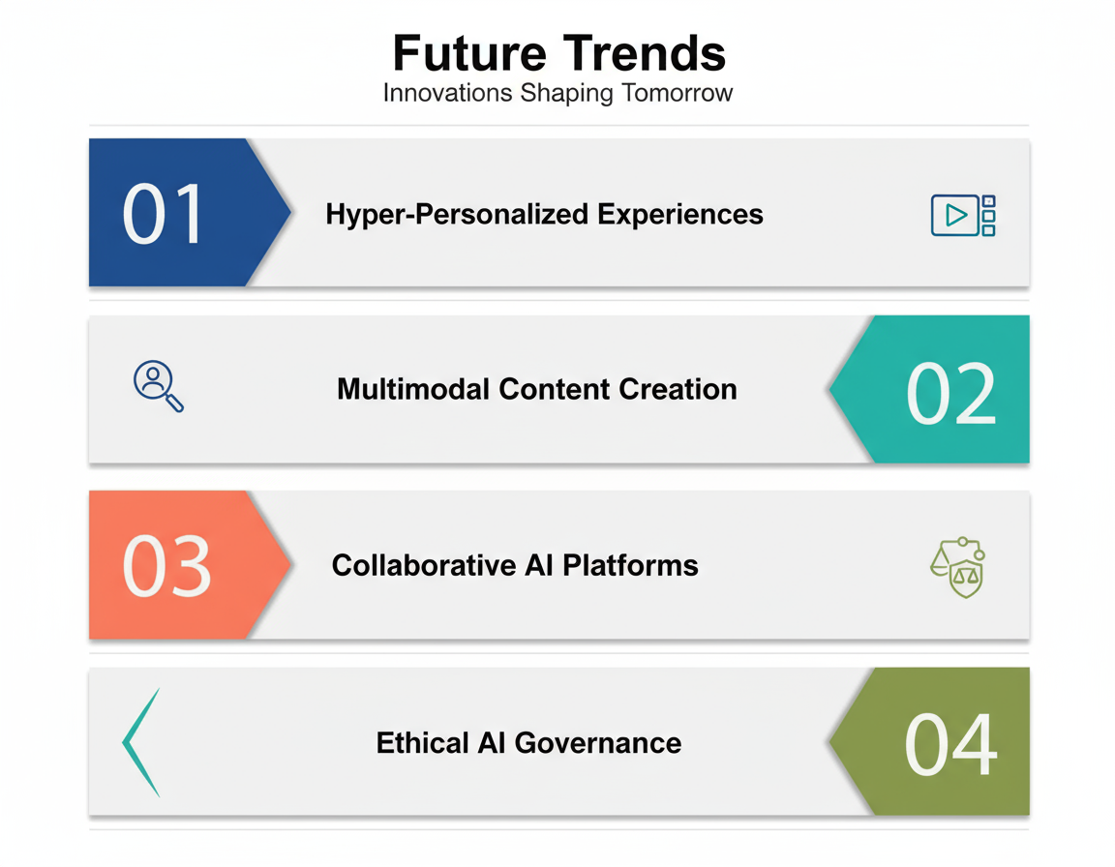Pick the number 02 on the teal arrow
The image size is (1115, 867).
[x=950, y=394]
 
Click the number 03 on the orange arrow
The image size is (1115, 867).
[x=166, y=567]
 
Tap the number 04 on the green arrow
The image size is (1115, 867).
[x=949, y=745]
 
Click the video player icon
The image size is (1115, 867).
[x=962, y=215]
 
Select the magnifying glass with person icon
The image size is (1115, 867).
[x=157, y=385]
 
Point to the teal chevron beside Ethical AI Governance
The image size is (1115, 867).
[x=140, y=743]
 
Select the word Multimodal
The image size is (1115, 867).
[x=413, y=389]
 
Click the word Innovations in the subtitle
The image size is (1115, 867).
[x=447, y=94]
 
